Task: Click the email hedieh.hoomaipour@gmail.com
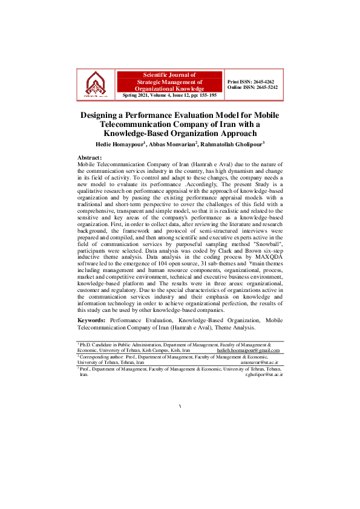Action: coord(249,350)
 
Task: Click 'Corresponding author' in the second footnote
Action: coord(100,357)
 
